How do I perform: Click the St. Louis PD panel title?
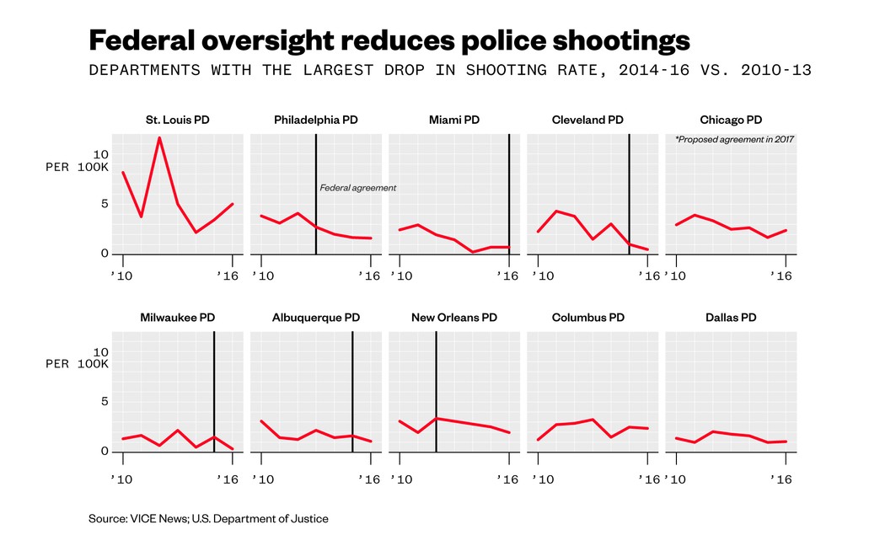pyautogui.click(x=177, y=120)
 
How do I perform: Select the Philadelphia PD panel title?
pyautogui.click(x=316, y=120)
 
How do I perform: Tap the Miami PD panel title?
pyautogui.click(x=454, y=120)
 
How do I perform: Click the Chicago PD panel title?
pyautogui.click(x=731, y=120)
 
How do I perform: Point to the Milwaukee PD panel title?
pyautogui.click(x=177, y=318)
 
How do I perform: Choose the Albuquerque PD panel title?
pyautogui.click(x=316, y=318)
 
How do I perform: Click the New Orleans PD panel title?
pyautogui.click(x=454, y=318)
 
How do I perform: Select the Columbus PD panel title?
pyautogui.click(x=588, y=318)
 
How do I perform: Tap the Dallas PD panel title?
pyautogui.click(x=731, y=318)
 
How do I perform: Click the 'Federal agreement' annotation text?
pyautogui.click(x=357, y=188)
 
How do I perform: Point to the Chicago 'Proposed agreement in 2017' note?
pyautogui.click(x=734, y=139)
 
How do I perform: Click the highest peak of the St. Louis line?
pyautogui.click(x=159, y=138)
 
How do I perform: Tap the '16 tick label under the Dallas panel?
pyautogui.click(x=785, y=479)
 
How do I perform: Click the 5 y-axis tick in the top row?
pyautogui.click(x=104, y=203)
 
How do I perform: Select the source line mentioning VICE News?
pyautogui.click(x=208, y=519)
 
